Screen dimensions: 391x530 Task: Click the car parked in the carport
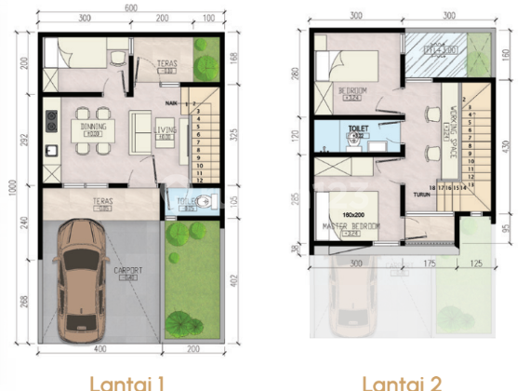[x=84, y=279]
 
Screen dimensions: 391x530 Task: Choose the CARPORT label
[x=128, y=274]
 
